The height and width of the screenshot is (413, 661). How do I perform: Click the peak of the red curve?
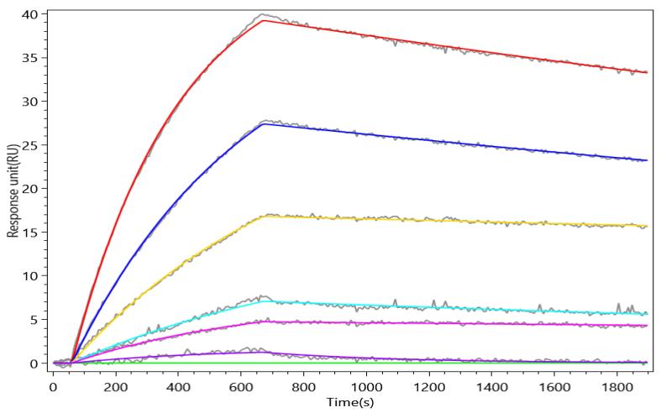pyautogui.click(x=264, y=20)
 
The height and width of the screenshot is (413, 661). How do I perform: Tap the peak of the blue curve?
pyautogui.click(x=264, y=124)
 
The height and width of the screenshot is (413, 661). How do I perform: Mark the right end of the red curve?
pyautogui.click(x=647, y=73)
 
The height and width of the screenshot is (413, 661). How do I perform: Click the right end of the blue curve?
pyautogui.click(x=647, y=160)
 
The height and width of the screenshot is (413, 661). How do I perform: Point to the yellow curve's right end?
pyautogui.click(x=647, y=226)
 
